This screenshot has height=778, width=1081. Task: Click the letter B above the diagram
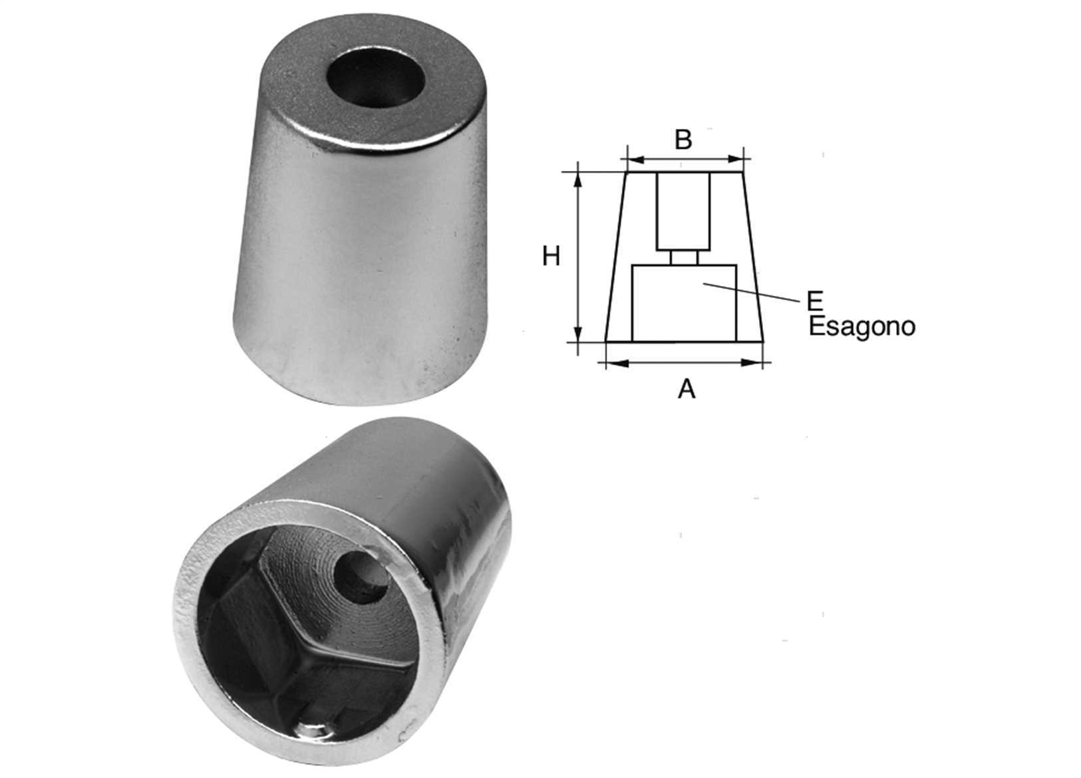(x=683, y=140)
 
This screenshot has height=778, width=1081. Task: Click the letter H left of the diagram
(x=551, y=256)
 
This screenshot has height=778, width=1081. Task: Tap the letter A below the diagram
(x=687, y=388)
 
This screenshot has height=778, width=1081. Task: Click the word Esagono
(x=862, y=326)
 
